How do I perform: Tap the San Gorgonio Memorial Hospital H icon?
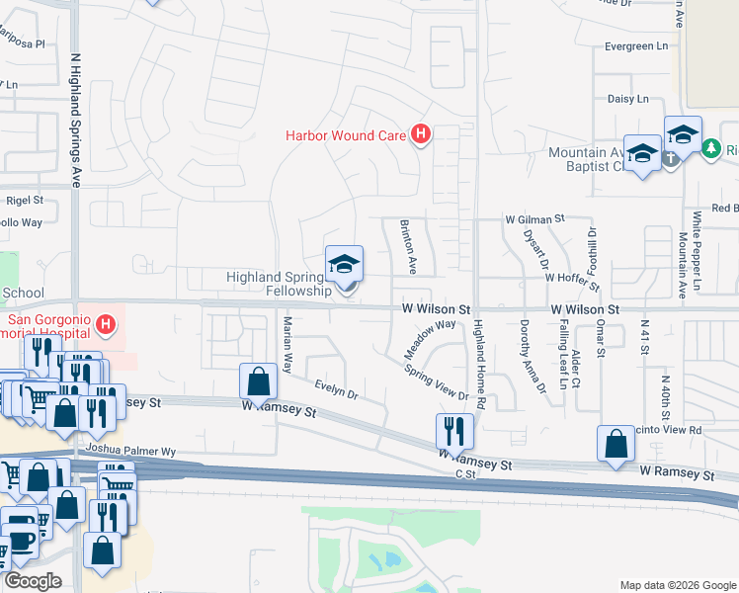(x=106, y=322)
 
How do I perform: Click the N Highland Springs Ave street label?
(x=75, y=120)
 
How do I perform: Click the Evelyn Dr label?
(x=335, y=387)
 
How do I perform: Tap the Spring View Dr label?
(x=436, y=381)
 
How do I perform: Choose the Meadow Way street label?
(x=429, y=338)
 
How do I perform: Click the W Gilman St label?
(x=534, y=218)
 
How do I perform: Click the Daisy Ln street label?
(x=620, y=99)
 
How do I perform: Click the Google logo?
(x=34, y=580)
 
